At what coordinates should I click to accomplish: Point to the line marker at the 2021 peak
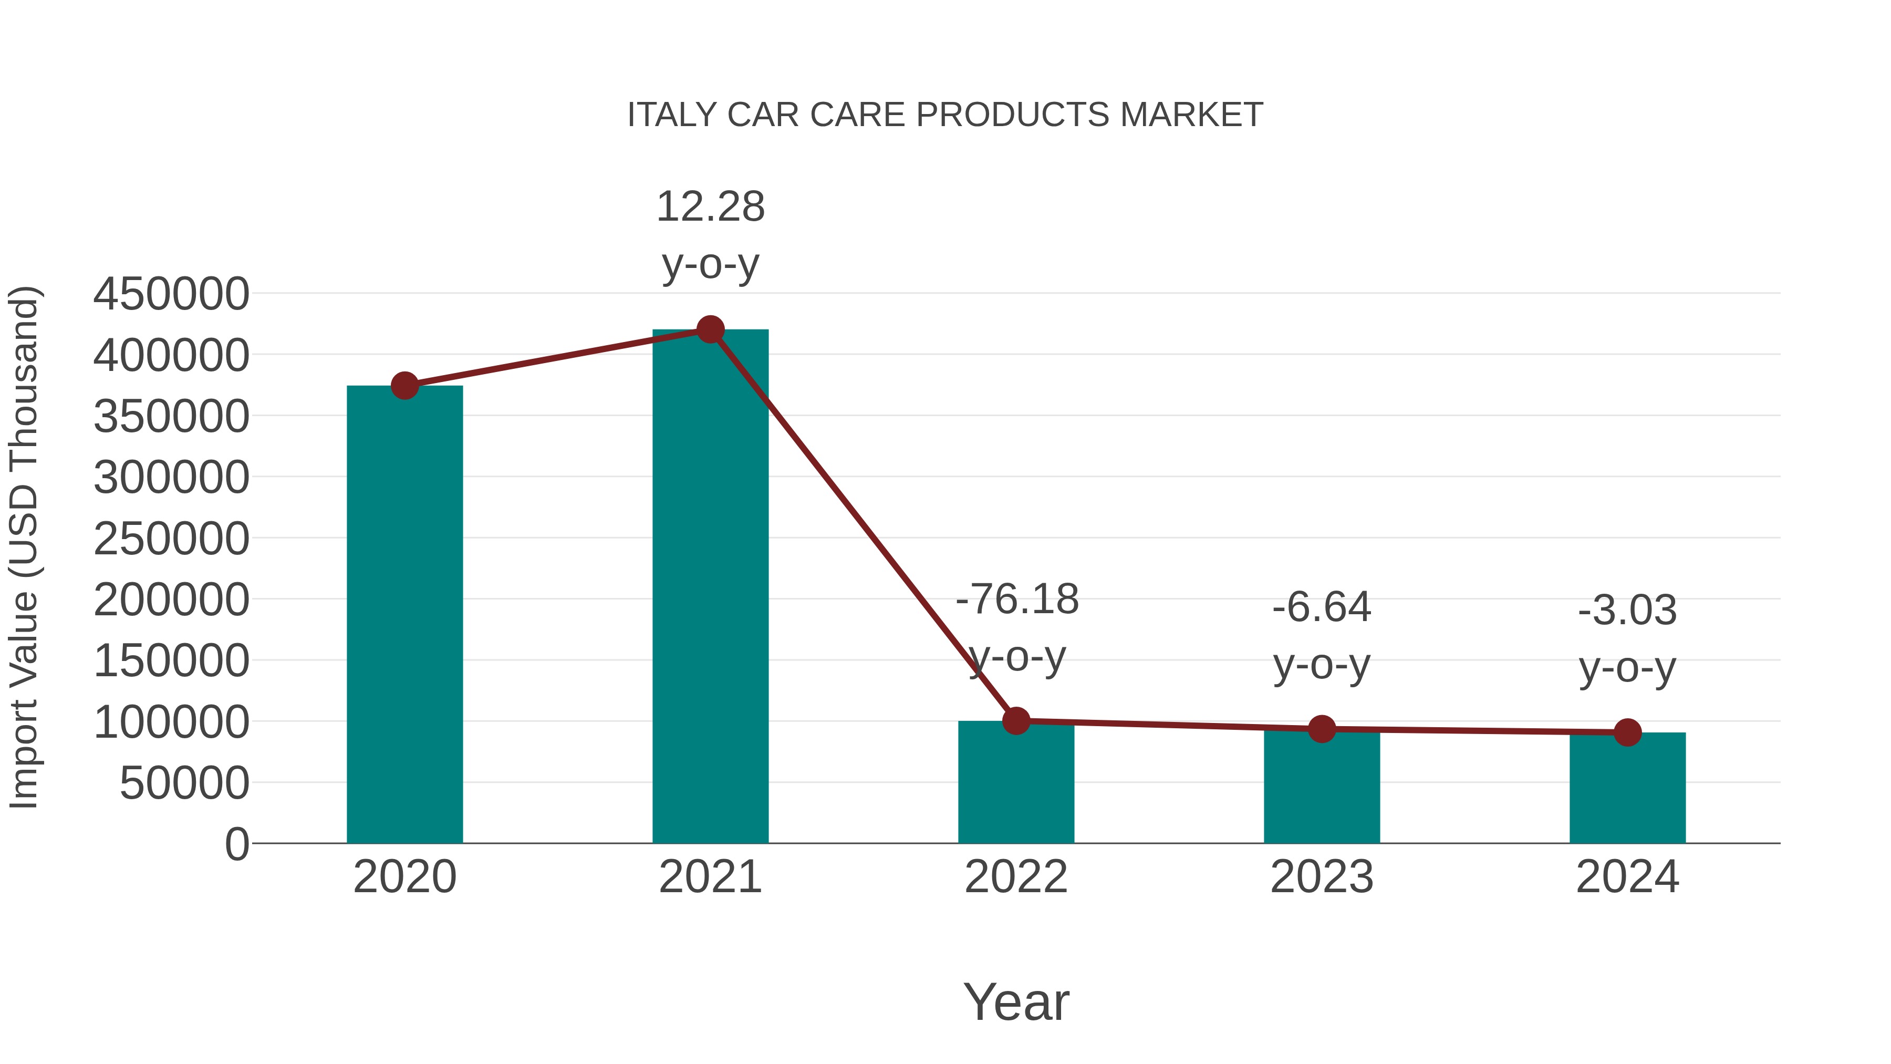(710, 329)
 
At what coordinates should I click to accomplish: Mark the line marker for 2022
(1016, 721)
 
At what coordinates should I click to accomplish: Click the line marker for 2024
(1627, 732)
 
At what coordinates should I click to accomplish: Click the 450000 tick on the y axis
(171, 294)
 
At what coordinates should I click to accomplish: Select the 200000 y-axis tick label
(171, 599)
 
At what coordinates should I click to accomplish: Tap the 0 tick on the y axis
(236, 844)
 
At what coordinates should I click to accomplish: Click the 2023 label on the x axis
(1322, 877)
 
